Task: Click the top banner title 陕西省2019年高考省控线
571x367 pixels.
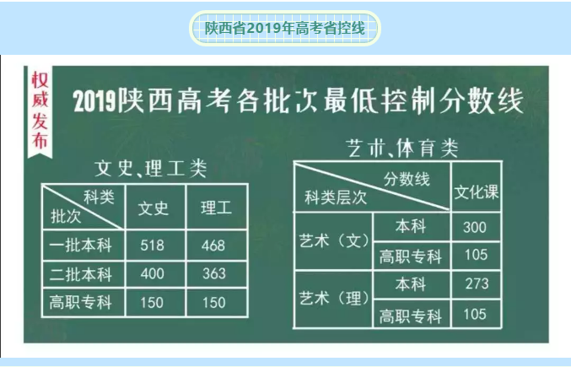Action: [x=285, y=28]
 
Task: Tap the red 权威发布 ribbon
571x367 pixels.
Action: [x=40, y=112]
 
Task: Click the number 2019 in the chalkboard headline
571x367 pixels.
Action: [x=94, y=100]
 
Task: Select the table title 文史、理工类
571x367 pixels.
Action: [x=150, y=169]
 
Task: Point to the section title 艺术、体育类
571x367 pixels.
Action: [x=402, y=148]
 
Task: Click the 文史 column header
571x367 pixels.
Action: [x=154, y=208]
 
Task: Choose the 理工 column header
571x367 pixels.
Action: [x=216, y=208]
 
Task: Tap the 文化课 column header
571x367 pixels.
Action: [x=477, y=192]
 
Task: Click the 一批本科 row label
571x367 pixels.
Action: [x=80, y=245]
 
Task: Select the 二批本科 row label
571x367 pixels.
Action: [x=80, y=274]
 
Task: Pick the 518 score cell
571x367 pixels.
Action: [x=152, y=246]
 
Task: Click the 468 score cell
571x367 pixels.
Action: [x=213, y=246]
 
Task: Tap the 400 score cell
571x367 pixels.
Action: [x=152, y=274]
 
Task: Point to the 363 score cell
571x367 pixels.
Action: [x=214, y=274]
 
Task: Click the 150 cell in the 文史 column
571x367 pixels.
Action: [x=152, y=303]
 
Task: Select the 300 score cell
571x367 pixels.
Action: [x=475, y=228]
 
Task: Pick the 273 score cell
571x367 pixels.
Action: [x=477, y=284]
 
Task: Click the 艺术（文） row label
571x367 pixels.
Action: [x=334, y=240]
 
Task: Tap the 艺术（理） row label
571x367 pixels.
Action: [x=334, y=299]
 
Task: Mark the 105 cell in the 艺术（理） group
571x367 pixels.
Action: [x=475, y=314]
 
